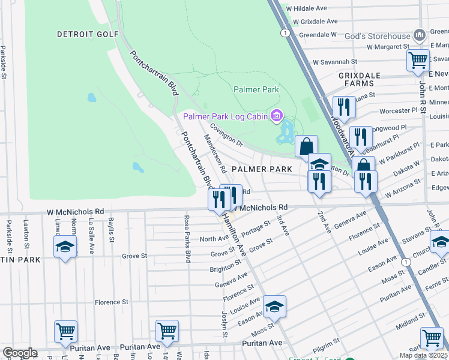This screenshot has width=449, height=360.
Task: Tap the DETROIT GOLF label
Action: tap(88, 34)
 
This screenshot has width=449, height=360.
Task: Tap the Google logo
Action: tap(19, 353)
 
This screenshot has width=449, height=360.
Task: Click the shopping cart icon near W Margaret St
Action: tap(417, 60)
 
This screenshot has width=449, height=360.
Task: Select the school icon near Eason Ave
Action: tap(274, 307)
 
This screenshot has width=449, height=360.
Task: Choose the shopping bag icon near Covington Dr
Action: tap(306, 146)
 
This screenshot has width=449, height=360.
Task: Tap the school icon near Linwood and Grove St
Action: tap(65, 247)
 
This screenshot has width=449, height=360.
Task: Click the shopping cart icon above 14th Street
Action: tap(166, 331)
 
